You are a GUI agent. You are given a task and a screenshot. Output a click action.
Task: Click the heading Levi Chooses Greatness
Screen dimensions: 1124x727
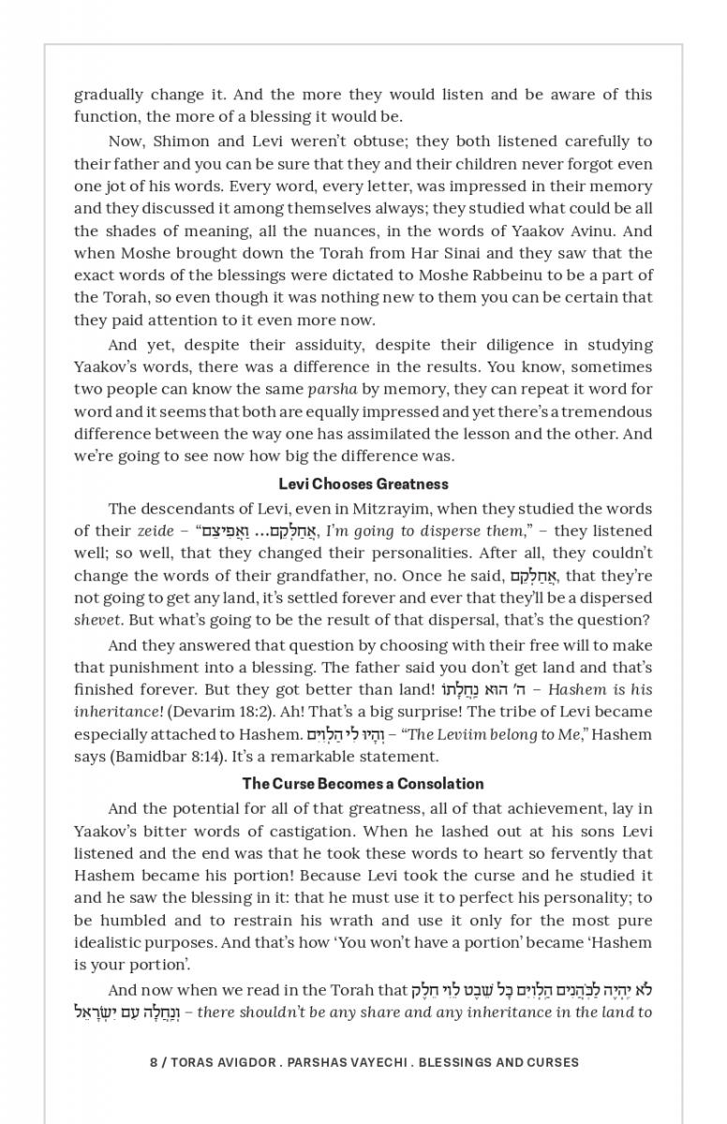pyautogui.click(x=363, y=484)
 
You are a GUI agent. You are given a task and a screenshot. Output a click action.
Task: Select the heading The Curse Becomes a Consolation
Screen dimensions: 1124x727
pyautogui.click(x=363, y=784)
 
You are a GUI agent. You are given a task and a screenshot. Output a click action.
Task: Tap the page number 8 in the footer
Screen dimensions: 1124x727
pyautogui.click(x=154, y=1063)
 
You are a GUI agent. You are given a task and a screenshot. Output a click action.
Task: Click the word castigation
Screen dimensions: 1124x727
pyautogui.click(x=327, y=832)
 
